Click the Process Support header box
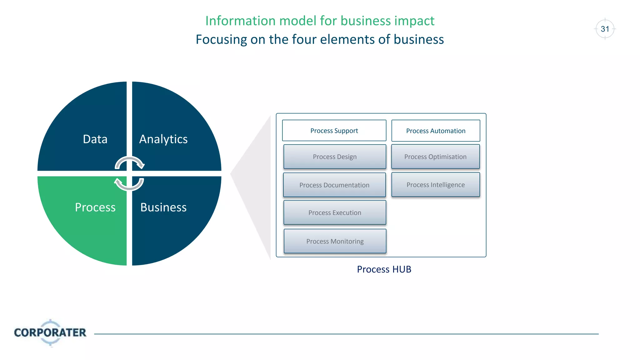coord(334,131)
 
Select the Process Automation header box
coord(436,131)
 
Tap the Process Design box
coord(335,157)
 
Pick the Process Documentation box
coord(334,185)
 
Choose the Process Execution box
coord(335,212)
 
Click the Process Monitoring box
coord(335,241)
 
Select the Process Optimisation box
coord(435,157)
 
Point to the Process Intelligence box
coord(436,185)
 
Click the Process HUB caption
coord(384,269)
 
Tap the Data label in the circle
coord(95,139)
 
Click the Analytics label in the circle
coord(163,139)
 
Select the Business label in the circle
coord(163,207)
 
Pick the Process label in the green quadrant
coord(95,207)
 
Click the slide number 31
coord(605,29)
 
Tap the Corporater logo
coord(50,332)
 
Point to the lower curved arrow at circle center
coord(129,185)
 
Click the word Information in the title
coord(240,21)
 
